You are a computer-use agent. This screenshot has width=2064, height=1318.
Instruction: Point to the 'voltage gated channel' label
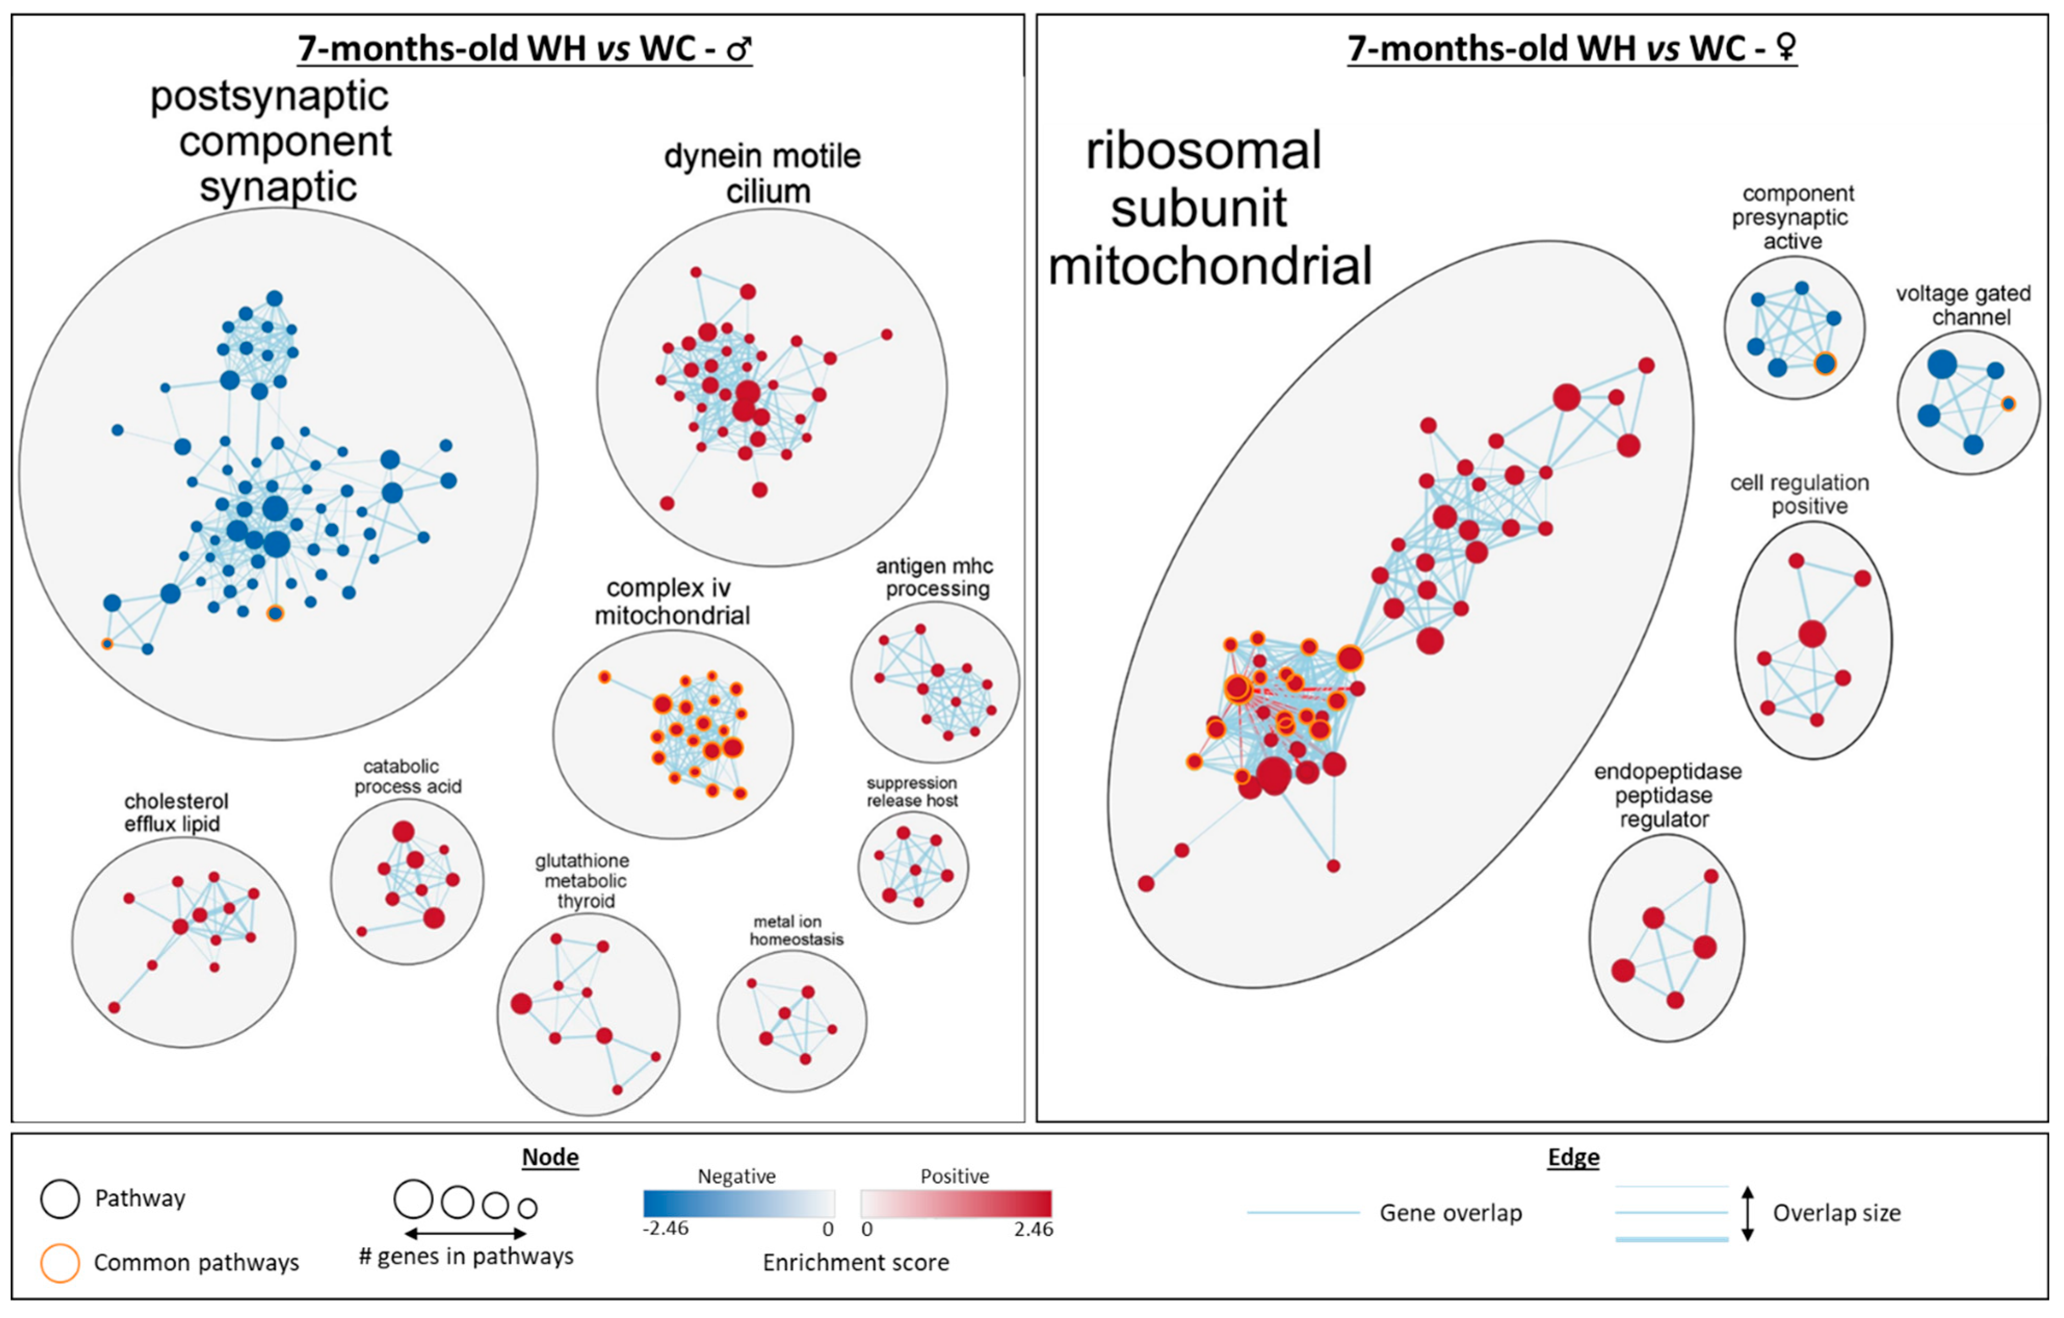click(x=1963, y=305)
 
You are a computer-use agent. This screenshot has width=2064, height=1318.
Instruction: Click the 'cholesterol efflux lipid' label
click(x=176, y=812)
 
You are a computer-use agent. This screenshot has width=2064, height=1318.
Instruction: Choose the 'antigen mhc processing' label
click(x=935, y=577)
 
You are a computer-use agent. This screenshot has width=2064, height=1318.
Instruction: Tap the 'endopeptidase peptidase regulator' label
click(x=1666, y=795)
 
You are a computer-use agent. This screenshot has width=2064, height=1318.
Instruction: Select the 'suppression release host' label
click(x=912, y=792)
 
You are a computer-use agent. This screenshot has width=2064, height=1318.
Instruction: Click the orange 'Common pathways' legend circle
click(x=60, y=1262)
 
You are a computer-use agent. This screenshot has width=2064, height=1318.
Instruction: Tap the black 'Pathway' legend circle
click(x=60, y=1198)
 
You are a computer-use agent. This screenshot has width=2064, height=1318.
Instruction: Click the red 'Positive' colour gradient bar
click(x=956, y=1203)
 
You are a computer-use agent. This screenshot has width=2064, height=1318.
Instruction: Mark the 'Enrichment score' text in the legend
click(x=856, y=1262)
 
